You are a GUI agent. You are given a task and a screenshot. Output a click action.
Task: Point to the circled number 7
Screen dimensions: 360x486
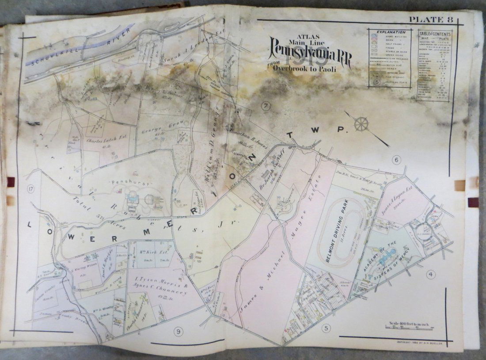(x=266, y=106)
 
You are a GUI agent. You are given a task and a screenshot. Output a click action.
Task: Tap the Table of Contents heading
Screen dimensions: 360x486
(x=436, y=34)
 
